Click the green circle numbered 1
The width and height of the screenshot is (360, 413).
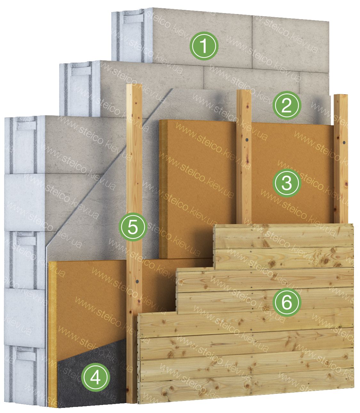pos(204,46)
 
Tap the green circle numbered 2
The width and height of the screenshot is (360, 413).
pos(287,105)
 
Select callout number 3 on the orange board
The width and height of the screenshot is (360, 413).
pos(287,183)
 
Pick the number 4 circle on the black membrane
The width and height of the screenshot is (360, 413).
pos(96,377)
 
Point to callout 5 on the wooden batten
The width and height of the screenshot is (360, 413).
pos(133,227)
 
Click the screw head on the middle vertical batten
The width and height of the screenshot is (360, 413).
pos(246,140)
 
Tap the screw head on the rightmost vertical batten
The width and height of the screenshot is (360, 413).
pos(344,143)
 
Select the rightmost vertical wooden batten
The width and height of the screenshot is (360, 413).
pos(341,159)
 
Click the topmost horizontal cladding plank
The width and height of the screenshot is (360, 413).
pos(284,236)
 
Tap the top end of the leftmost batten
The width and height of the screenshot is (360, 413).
pos(134,85)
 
